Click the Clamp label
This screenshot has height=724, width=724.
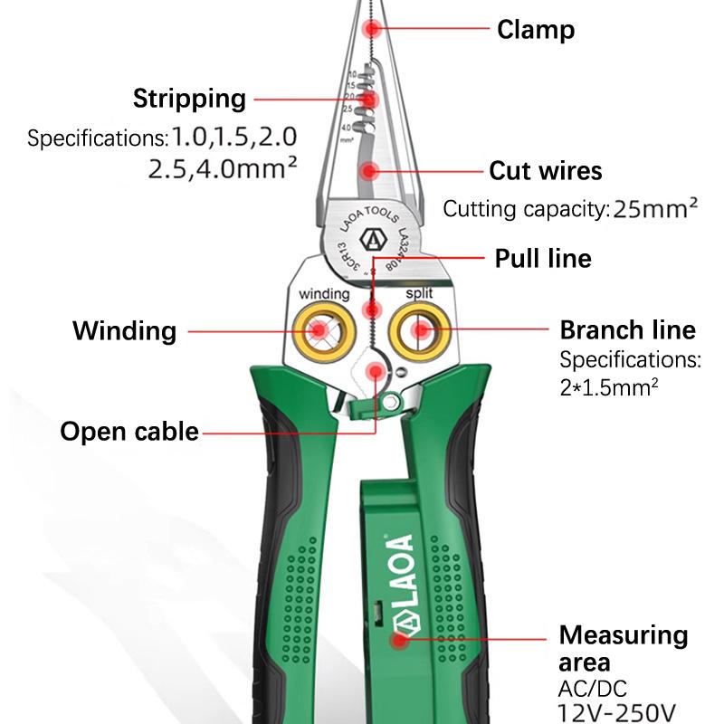point(536,30)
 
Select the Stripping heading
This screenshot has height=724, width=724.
point(189,98)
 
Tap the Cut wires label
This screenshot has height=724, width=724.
point(545,170)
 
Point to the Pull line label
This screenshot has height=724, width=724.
point(542,259)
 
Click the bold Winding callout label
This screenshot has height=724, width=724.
point(124,329)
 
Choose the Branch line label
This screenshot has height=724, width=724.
point(627,329)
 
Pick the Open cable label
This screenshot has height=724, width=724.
point(129,430)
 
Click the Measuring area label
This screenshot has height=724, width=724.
point(623,647)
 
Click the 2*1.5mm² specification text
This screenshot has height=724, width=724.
point(608,387)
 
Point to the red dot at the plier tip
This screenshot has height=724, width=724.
point(371,30)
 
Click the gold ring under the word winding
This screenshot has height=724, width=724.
point(323,331)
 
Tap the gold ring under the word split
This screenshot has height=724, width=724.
point(419,331)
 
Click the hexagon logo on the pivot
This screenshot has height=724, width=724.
point(371,242)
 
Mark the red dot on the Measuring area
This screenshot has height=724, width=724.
point(398,641)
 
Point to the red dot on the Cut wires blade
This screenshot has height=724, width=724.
point(369,169)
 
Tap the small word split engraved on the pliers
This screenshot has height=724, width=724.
point(419,294)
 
